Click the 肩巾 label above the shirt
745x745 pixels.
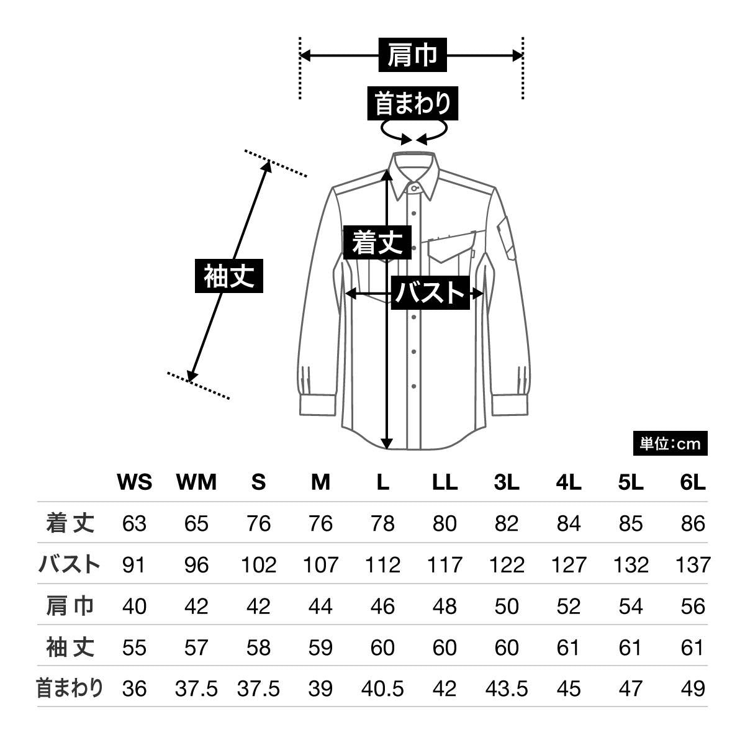click(x=412, y=56)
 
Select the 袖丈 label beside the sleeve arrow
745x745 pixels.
click(x=229, y=275)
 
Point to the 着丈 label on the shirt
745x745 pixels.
click(x=377, y=242)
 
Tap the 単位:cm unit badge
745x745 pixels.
click(x=670, y=444)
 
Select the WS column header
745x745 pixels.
click(x=134, y=482)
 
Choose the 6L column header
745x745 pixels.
click(x=693, y=482)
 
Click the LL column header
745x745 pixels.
click(x=445, y=482)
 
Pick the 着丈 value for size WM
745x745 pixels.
click(x=196, y=523)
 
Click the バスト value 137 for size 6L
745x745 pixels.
click(x=693, y=565)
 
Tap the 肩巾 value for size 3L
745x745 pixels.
click(x=507, y=606)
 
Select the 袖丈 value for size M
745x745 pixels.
click(x=320, y=648)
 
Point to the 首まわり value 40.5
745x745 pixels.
click(x=382, y=689)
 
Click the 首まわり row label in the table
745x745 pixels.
click(x=70, y=689)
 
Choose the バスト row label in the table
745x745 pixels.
click(x=70, y=565)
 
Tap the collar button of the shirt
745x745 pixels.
click(x=414, y=186)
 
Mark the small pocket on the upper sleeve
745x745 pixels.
click(x=506, y=236)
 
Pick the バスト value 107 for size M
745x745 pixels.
click(x=320, y=565)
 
